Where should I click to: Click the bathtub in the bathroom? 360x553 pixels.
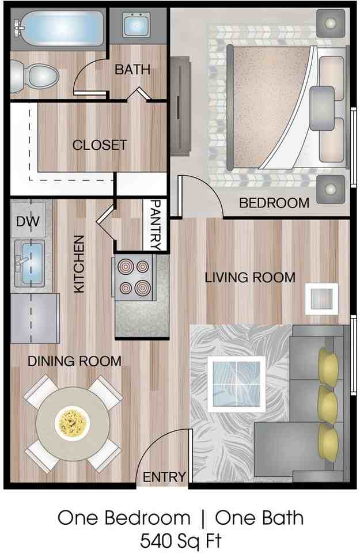[60, 28]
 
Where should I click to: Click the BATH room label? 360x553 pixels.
[132, 70]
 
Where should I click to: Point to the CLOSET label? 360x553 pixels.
[99, 145]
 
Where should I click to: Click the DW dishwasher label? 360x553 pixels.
[24, 221]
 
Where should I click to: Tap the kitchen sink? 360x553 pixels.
[30, 263]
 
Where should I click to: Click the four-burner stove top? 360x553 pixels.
[134, 277]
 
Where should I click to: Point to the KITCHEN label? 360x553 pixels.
[79, 263]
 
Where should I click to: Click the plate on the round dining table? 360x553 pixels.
[71, 423]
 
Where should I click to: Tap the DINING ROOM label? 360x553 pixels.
[75, 361]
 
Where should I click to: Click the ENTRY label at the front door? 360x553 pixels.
[165, 477]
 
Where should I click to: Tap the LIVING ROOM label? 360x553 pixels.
[250, 278]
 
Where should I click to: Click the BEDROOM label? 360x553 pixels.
[274, 203]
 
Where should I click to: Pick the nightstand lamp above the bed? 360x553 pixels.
[330, 22]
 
